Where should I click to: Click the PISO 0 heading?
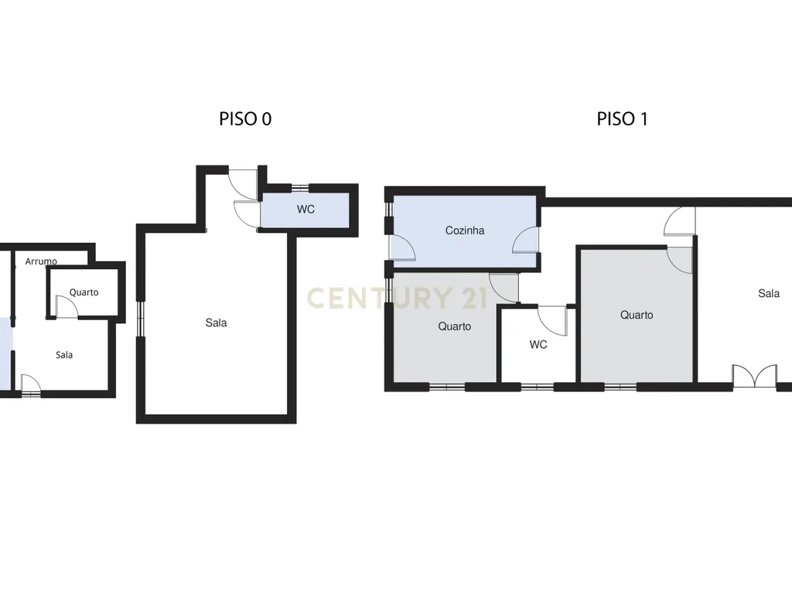pos(245,119)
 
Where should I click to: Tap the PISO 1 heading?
pos(622,119)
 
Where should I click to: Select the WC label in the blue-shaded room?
pos(306,209)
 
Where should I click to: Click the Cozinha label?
pos(465,230)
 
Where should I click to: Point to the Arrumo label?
pos(41,261)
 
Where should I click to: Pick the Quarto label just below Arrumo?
pos(84,292)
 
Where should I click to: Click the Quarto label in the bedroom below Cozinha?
pos(455,326)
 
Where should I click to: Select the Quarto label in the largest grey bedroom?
pos(637,316)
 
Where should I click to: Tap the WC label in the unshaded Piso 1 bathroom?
pos(538,344)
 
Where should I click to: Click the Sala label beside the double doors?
pos(769,293)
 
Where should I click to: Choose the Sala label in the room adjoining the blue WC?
pos(217,323)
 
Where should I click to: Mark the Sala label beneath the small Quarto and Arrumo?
pos(64,355)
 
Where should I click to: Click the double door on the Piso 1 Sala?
pos(755,377)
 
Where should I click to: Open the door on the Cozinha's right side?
pos(526,240)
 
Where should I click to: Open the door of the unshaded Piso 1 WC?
pos(552,320)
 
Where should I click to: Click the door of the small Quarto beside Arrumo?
pos(67,307)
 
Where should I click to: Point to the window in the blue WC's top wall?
pos(300,188)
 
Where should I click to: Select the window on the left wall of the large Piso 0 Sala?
pos(141,319)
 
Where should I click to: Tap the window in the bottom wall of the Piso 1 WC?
pos(538,387)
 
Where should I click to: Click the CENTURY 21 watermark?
pos(397,298)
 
